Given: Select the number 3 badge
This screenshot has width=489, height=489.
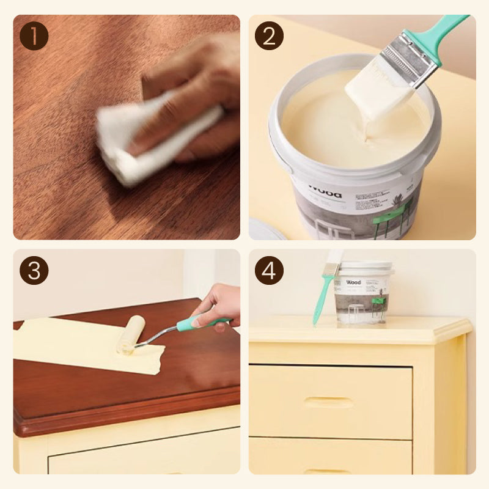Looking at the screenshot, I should [34, 270].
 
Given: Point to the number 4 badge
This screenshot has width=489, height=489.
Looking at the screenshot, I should [269, 270].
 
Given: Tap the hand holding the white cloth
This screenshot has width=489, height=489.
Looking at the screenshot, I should [196, 92].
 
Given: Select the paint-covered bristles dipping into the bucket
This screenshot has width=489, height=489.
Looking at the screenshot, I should [376, 98].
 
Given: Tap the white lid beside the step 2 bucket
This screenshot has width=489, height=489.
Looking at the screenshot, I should [267, 229].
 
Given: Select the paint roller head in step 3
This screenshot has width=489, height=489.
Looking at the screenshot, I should [131, 334].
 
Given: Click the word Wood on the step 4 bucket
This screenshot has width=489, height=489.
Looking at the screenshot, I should [353, 282].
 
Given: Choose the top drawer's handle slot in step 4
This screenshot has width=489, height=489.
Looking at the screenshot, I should [329, 402].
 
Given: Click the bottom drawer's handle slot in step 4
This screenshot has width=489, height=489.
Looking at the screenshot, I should [329, 471].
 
